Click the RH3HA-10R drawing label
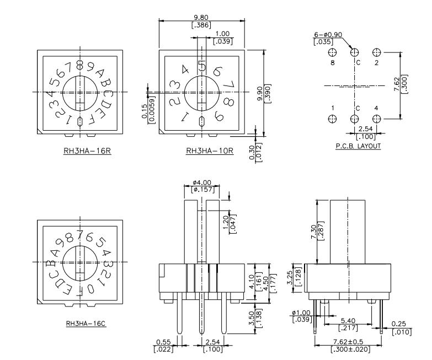pyautogui.click(x=210, y=150)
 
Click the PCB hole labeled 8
pyautogui.click(x=333, y=52)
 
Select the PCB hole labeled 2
pyautogui.click(x=376, y=52)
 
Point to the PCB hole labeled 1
pyautogui.click(x=333, y=119)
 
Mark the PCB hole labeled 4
pyautogui.click(x=376, y=119)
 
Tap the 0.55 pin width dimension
pyautogui.click(x=163, y=342)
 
